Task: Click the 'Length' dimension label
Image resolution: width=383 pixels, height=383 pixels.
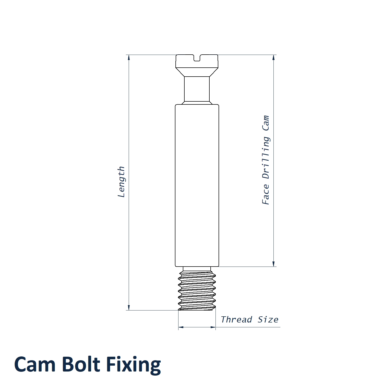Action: pyautogui.click(x=121, y=182)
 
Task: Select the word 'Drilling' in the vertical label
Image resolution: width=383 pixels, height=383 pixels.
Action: pyautogui.click(x=266, y=158)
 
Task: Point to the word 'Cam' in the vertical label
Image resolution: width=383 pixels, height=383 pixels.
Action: pyautogui.click(x=266, y=123)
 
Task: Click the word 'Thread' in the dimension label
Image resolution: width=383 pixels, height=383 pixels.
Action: pyautogui.click(x=236, y=319)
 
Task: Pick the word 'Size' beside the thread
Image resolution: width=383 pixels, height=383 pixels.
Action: pyautogui.click(x=268, y=319)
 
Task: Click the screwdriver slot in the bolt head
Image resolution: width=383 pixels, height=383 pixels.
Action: pyautogui.click(x=197, y=58)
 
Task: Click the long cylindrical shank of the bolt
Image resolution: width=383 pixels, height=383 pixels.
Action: pyautogui.click(x=197, y=185)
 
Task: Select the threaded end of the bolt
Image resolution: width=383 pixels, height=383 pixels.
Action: pyautogui.click(x=197, y=289)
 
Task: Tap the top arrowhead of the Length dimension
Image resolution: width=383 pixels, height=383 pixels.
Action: pyautogui.click(x=129, y=57)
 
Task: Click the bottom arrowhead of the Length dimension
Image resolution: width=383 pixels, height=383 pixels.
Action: pyautogui.click(x=129, y=307)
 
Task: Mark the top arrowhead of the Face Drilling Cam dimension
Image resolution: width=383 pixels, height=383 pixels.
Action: pyautogui.click(x=273, y=57)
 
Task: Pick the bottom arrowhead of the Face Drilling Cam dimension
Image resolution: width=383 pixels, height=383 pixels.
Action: pyautogui.click(x=273, y=264)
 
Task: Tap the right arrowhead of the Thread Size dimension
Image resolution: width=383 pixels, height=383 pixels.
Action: pyautogui.click(x=213, y=327)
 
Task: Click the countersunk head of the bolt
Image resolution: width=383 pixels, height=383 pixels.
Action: pyautogui.click(x=197, y=65)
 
